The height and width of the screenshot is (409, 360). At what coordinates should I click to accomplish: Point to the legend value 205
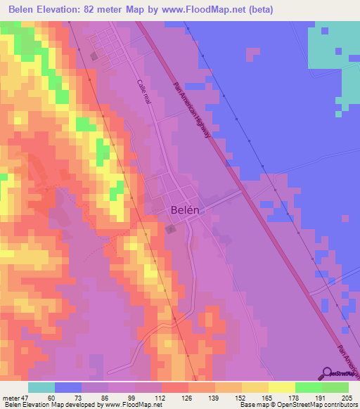point(347,398)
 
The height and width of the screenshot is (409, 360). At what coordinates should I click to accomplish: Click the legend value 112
point(160,398)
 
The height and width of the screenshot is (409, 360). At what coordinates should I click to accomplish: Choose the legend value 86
point(97,398)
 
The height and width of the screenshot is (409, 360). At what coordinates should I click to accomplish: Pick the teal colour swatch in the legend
point(41,387)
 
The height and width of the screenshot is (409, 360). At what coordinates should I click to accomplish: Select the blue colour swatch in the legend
point(68,387)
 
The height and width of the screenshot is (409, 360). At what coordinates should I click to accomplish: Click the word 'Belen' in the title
point(23,10)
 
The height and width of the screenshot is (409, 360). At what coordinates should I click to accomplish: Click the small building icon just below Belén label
point(171,228)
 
